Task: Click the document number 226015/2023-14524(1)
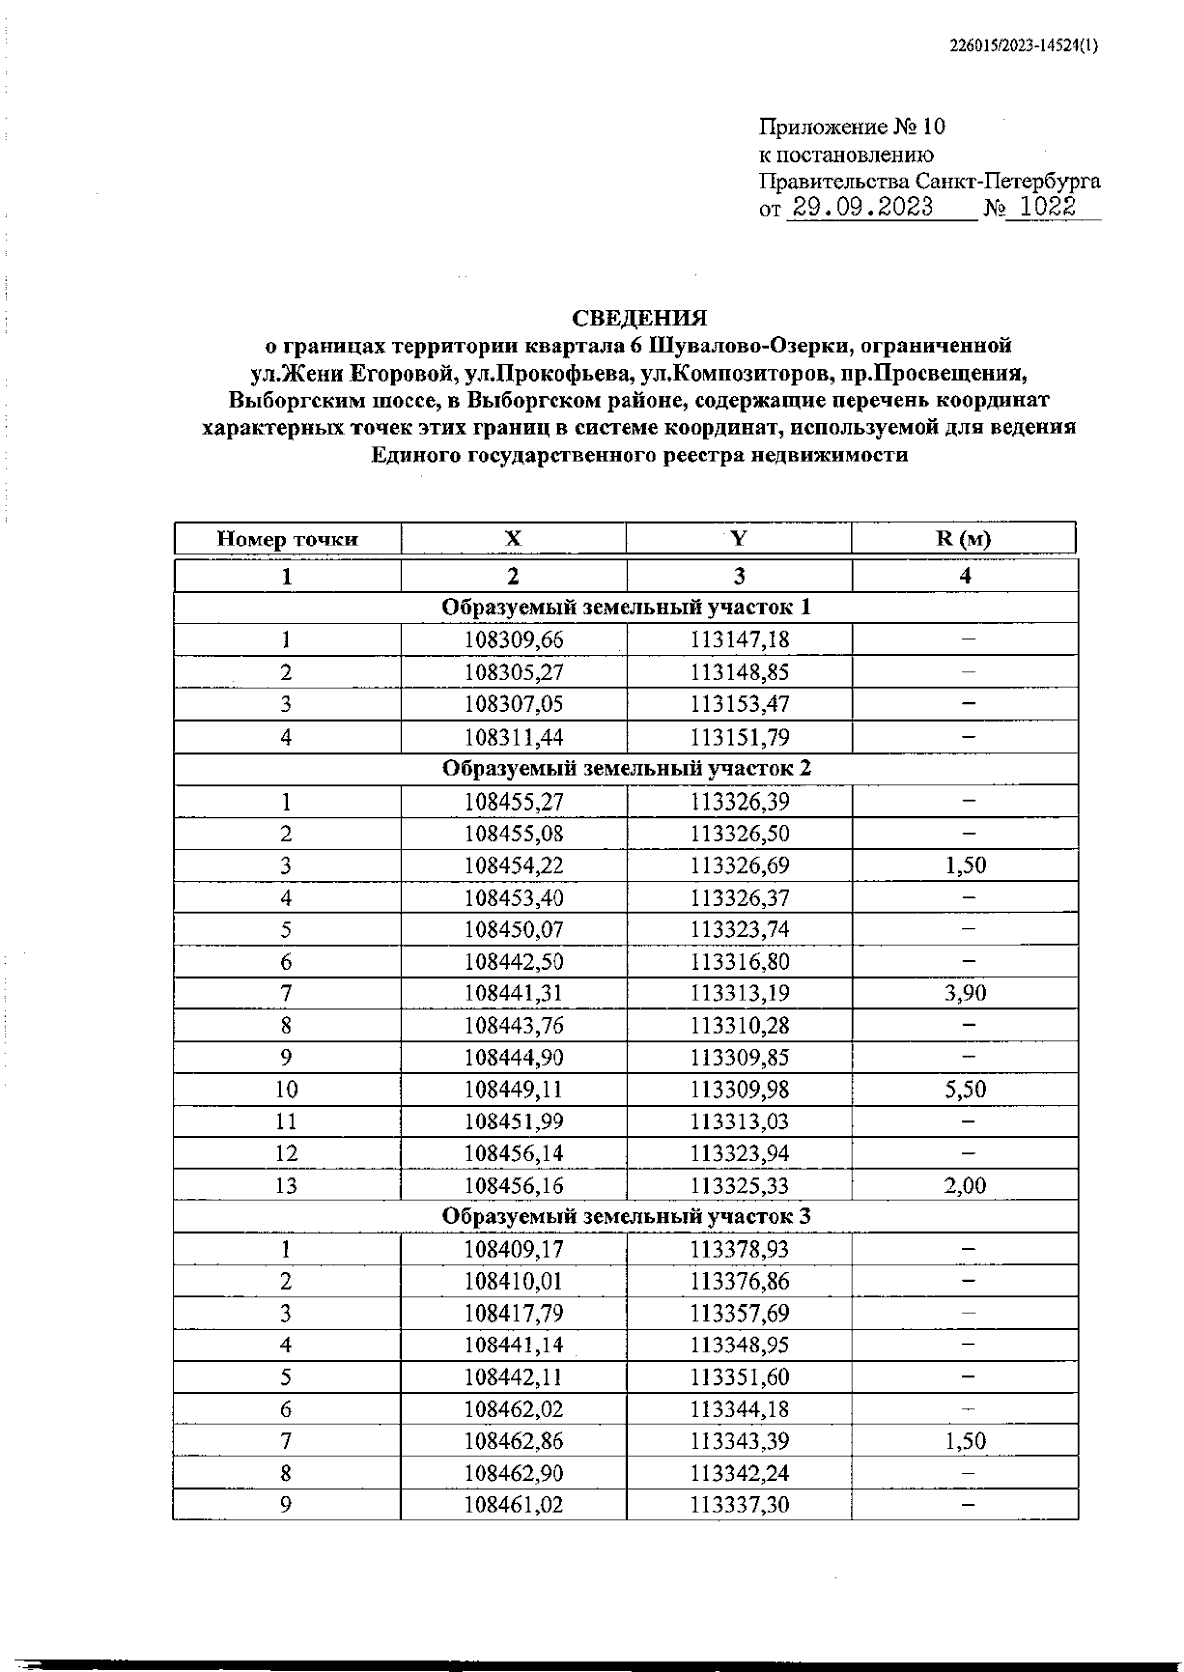(1023, 45)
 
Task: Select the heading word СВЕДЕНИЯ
(640, 318)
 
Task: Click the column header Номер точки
(287, 539)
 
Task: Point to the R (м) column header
(964, 539)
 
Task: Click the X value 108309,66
(513, 640)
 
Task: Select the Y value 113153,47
(739, 704)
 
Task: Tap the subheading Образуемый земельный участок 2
(626, 768)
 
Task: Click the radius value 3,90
(964, 993)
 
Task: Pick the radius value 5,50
(964, 1089)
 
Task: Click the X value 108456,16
(513, 1186)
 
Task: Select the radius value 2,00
(964, 1186)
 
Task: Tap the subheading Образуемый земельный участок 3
(626, 1217)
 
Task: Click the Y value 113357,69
(739, 1313)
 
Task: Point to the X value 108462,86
(513, 1441)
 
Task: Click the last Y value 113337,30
(739, 1505)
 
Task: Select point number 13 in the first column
(286, 1186)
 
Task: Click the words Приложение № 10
(851, 127)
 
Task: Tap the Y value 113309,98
(739, 1089)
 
